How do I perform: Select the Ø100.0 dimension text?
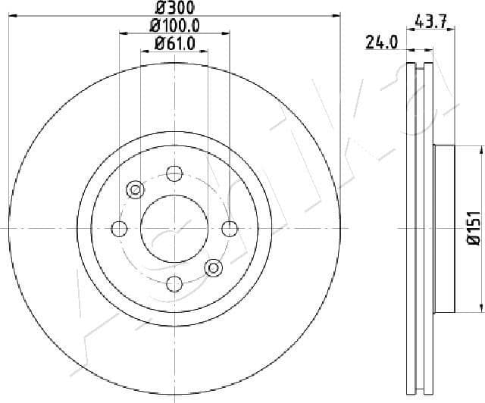(175, 26)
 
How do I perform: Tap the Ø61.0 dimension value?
(175, 44)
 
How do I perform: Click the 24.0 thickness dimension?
(383, 44)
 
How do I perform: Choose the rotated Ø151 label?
(471, 228)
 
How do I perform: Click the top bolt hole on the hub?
(174, 173)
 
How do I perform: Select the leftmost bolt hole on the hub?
(119, 228)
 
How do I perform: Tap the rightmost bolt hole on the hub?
(230, 228)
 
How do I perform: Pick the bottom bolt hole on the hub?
(174, 263)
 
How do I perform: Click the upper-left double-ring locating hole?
(136, 189)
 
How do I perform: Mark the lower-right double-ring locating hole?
(214, 267)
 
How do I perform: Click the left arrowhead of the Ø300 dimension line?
(12, 14)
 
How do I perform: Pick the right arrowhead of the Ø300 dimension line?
(336, 14)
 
